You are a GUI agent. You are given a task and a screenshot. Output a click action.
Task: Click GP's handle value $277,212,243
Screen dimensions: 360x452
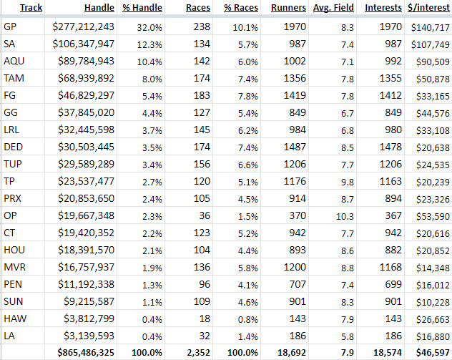(84, 27)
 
